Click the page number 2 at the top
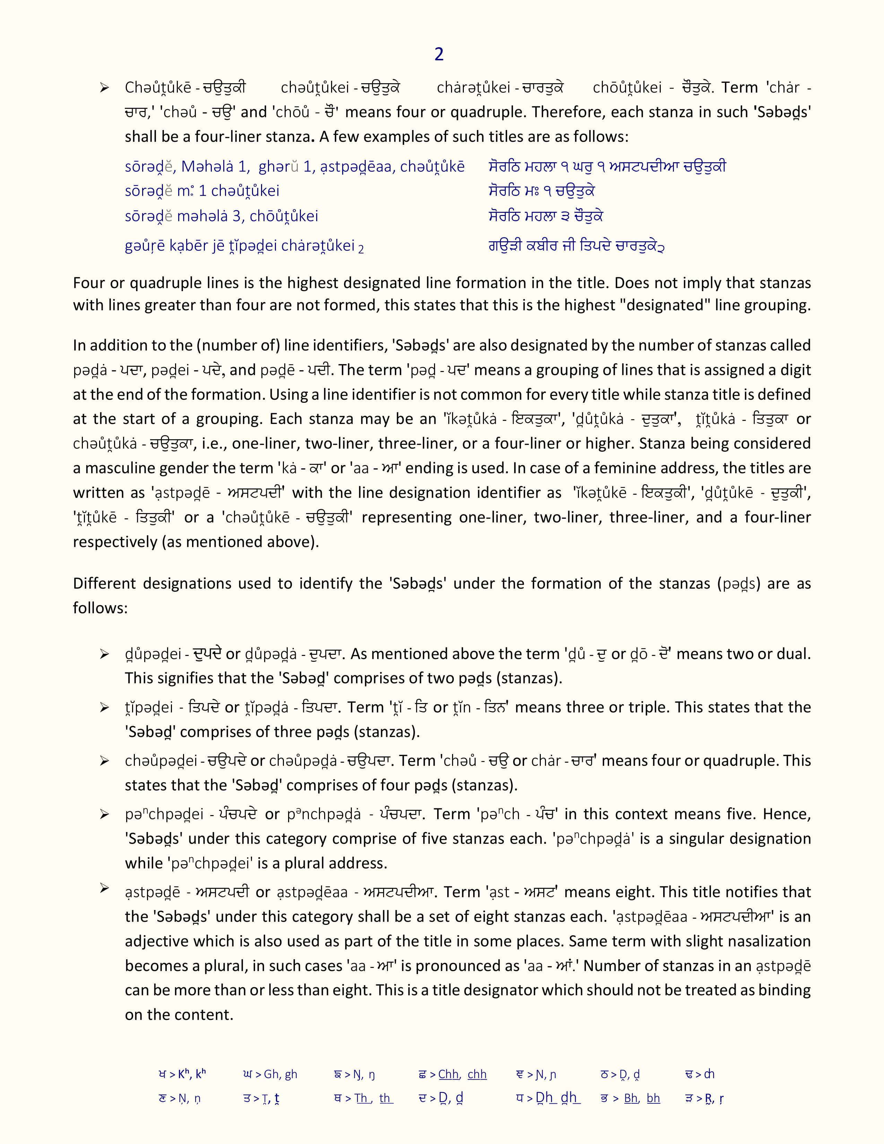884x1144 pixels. [x=439, y=54]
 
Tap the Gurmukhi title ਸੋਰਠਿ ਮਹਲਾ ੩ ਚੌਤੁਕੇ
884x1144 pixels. [x=546, y=216]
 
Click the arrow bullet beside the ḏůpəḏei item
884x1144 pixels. [x=105, y=654]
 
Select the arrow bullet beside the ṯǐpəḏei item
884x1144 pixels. [x=105, y=708]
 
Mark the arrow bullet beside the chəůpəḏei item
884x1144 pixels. [x=105, y=761]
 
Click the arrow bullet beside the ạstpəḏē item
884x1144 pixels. [x=105, y=887]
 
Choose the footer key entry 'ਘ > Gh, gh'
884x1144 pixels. [x=270, y=1074]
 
